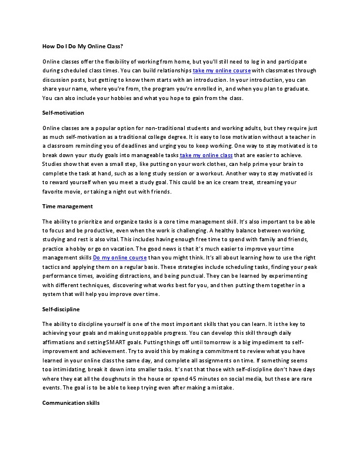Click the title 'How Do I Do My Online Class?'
pos(82,46)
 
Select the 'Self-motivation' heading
pos(64,112)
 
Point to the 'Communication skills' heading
pos(71,403)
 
